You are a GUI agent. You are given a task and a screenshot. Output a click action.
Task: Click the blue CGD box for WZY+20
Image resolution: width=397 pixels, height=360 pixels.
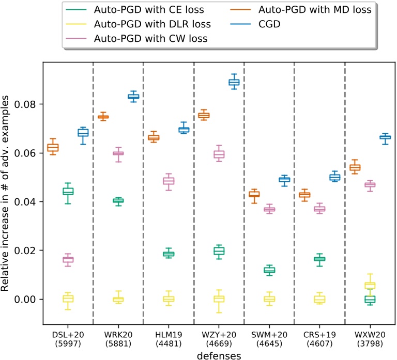point(234,83)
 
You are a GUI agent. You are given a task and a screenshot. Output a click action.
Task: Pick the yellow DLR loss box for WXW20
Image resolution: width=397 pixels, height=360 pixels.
point(370,286)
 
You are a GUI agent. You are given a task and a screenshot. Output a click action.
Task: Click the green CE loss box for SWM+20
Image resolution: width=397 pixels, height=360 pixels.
point(269,270)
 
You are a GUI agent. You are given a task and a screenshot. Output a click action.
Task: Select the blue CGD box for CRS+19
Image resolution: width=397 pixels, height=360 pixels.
point(335,177)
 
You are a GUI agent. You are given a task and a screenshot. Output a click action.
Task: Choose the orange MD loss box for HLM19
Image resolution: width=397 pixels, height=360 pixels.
point(154,137)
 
